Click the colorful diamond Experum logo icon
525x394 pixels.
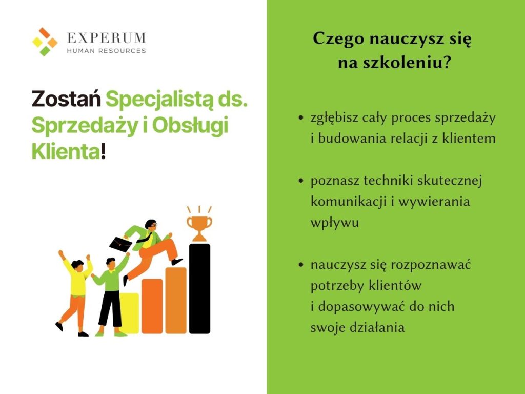tap(45, 42)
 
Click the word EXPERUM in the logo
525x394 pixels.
tap(107, 38)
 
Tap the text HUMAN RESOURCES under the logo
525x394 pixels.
tap(107, 51)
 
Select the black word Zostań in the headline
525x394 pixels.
tap(66, 99)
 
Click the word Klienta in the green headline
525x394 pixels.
tap(66, 151)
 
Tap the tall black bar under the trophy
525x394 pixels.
tap(199, 288)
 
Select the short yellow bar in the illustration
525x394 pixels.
tap(129, 313)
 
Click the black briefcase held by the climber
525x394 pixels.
tap(120, 245)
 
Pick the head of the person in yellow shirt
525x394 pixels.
tap(78, 266)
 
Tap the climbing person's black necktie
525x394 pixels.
tap(145, 238)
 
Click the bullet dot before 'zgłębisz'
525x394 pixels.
tap(301, 117)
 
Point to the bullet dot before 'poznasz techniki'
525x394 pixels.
tap(301, 181)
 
